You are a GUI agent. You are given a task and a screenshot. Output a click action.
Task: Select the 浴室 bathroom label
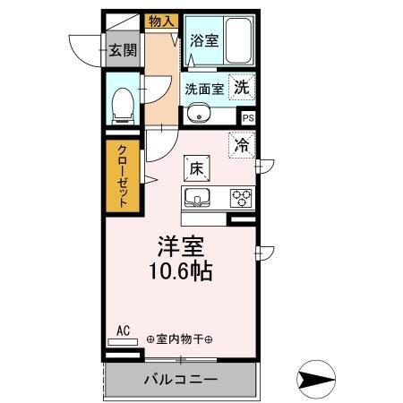tap(202, 40)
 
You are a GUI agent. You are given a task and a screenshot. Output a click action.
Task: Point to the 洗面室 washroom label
tap(204, 89)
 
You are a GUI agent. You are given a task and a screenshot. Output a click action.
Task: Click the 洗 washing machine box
tap(242, 87)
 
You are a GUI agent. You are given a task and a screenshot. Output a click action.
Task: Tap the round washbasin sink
tap(199, 114)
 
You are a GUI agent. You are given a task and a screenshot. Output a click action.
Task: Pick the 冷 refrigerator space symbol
tap(241, 143)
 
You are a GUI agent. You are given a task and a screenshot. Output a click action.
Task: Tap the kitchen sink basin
tap(197, 197)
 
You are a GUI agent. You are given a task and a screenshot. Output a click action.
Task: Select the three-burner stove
tap(241, 197)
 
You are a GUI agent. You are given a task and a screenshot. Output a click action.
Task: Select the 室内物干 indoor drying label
tap(179, 339)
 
